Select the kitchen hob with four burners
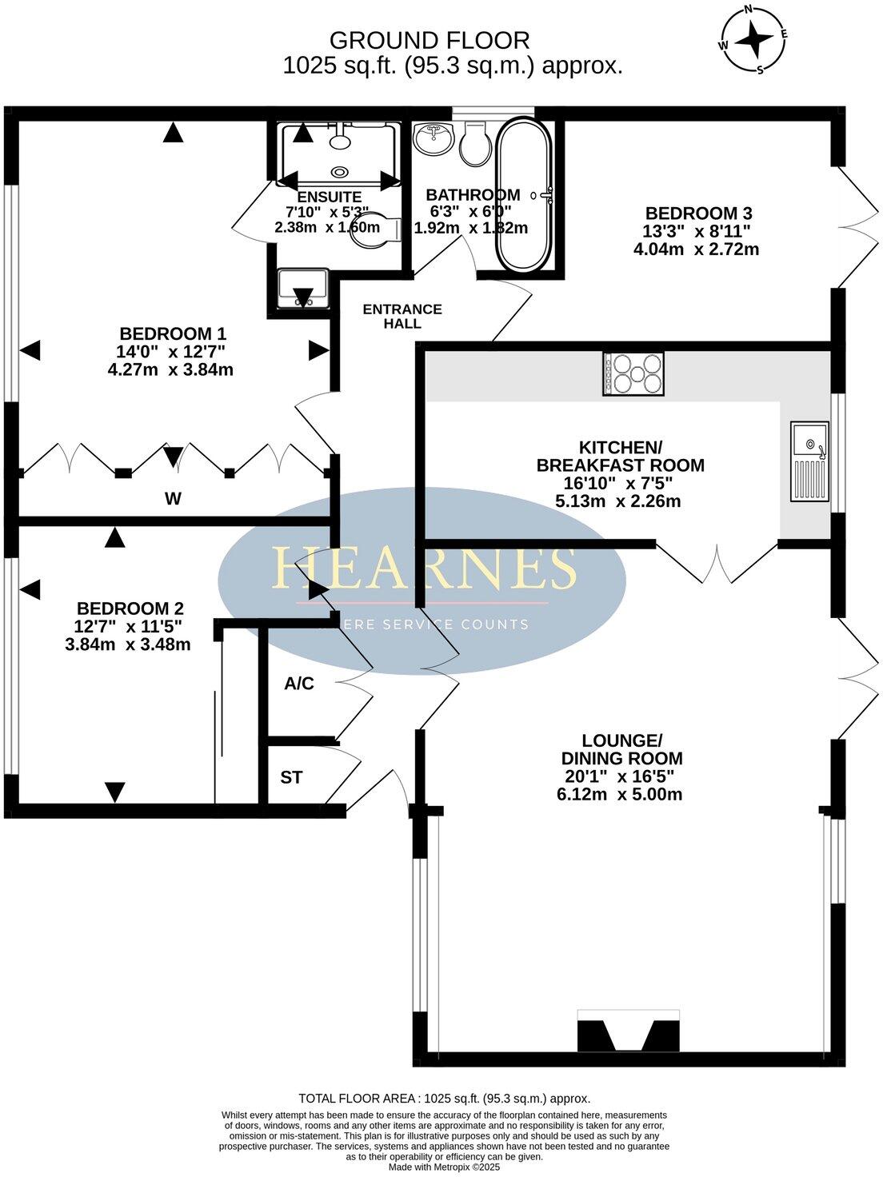633,374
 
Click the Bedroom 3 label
698,213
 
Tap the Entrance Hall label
402,316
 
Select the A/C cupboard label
299,684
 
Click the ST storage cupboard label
291,777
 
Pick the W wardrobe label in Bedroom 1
173,499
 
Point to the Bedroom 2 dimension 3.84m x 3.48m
128,644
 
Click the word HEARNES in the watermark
424,569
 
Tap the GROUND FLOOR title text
430,40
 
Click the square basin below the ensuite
302,289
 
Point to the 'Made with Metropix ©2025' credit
444,1167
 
